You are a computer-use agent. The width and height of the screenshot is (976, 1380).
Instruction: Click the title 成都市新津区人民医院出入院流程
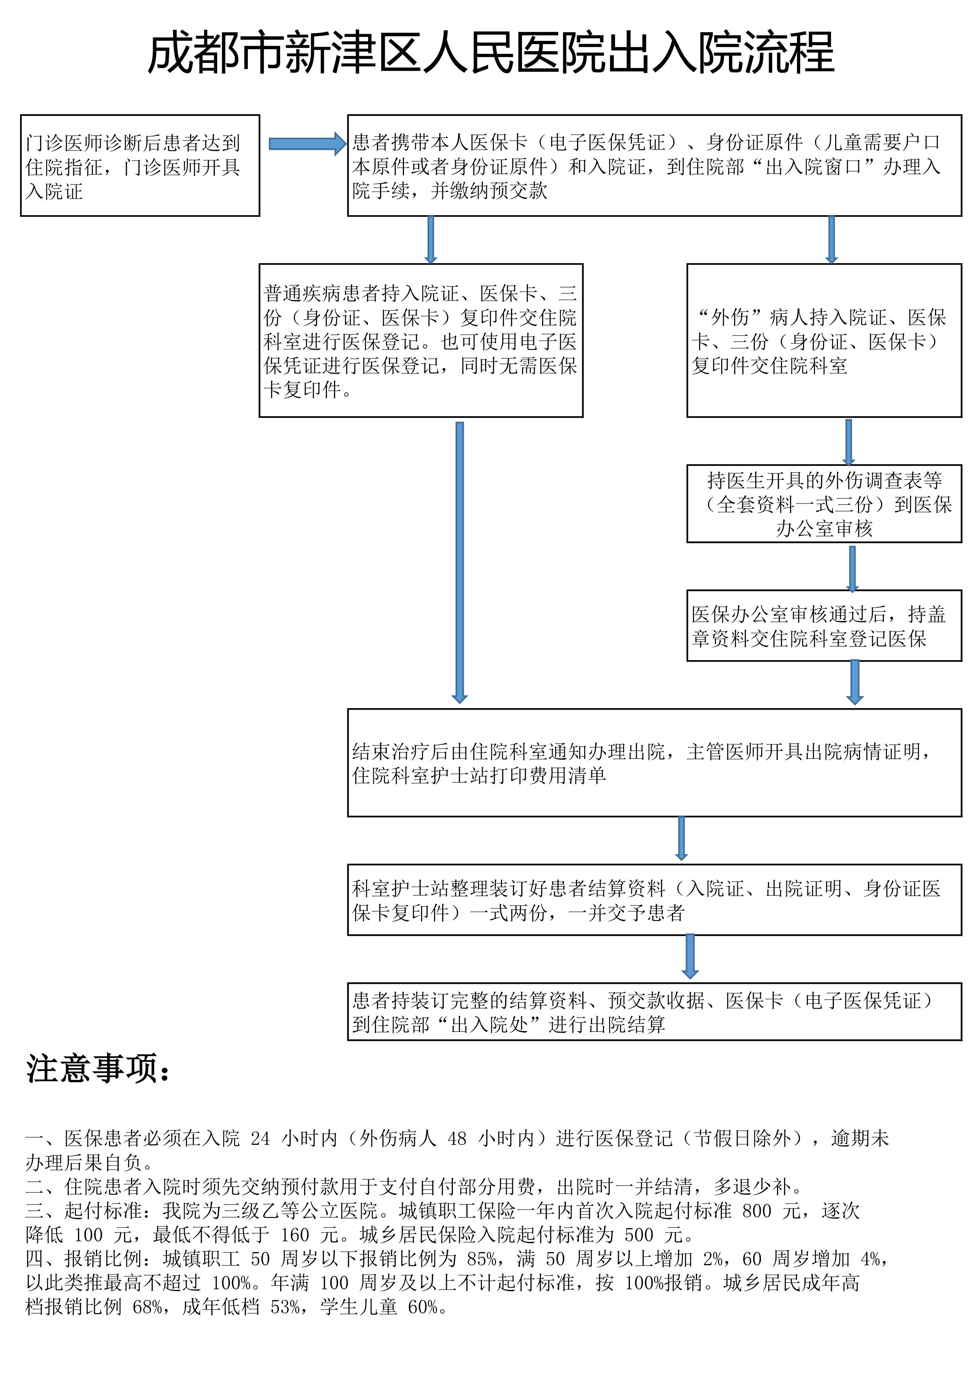[x=491, y=54]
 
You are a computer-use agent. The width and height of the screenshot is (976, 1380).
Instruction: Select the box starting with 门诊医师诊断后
[x=140, y=165]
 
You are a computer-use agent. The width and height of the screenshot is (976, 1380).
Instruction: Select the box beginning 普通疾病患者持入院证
[x=421, y=340]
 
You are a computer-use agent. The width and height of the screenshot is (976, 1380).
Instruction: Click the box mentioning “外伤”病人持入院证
[x=824, y=340]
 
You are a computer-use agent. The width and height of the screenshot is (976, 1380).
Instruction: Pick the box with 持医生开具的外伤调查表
[x=824, y=504]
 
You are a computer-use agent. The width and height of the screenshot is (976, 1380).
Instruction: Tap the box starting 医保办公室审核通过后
[x=824, y=626]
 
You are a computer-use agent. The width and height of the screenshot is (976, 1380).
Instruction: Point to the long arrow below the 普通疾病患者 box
[x=460, y=562]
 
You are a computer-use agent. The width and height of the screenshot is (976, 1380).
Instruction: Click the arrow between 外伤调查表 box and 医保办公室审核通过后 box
[x=852, y=568]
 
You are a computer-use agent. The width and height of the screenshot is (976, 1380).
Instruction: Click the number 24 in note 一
[x=260, y=1138]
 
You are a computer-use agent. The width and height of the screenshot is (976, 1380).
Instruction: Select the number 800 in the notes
[x=756, y=1210]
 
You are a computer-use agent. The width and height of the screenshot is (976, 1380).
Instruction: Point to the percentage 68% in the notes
[x=147, y=1307]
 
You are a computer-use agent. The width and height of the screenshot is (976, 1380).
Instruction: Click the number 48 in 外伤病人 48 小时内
[x=457, y=1138]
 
